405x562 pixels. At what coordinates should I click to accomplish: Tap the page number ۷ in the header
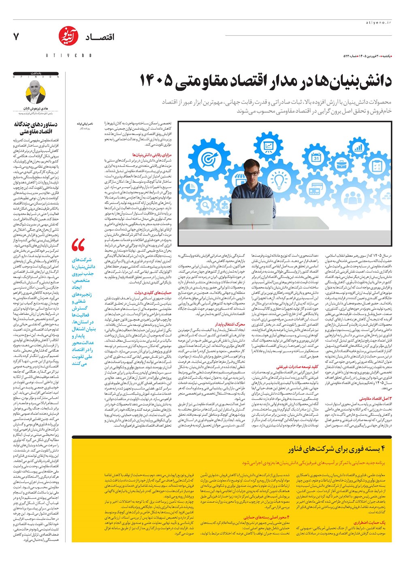[x=16, y=37]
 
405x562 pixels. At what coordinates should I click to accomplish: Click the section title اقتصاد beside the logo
[x=100, y=37]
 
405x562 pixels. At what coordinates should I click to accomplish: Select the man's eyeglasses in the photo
[x=252, y=173]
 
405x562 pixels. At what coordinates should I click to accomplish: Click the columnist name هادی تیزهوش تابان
[x=36, y=109]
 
